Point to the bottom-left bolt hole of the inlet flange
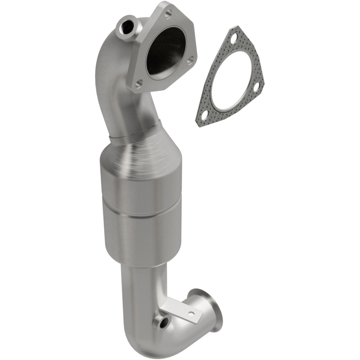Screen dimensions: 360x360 pos(139,83)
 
